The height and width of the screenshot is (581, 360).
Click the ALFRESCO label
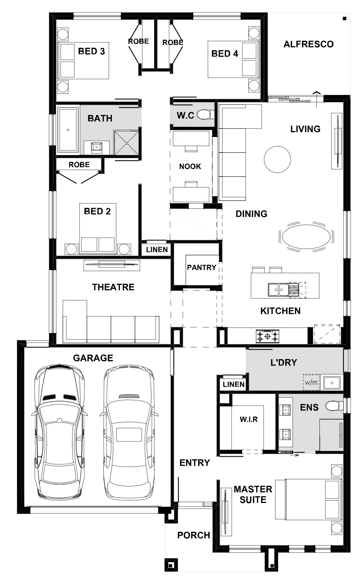309,44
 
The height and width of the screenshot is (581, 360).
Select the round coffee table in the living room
277,159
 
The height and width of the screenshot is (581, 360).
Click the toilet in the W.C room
206,115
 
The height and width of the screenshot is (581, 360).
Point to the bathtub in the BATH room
68,130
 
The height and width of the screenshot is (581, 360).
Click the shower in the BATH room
126,143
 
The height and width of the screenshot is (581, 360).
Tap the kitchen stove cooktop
268,337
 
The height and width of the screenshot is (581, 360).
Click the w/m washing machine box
311,382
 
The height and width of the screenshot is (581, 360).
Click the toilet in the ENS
334,406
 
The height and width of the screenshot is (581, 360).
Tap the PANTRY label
202,267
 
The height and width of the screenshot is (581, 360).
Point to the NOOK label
190,166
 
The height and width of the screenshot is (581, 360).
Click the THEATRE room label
113,287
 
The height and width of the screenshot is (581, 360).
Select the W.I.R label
249,420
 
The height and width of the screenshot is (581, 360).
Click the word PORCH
194,535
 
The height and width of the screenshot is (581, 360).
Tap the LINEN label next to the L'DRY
234,385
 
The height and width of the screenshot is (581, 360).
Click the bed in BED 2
98,228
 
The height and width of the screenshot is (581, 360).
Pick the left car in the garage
59,431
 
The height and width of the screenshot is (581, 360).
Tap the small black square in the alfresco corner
345,18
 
